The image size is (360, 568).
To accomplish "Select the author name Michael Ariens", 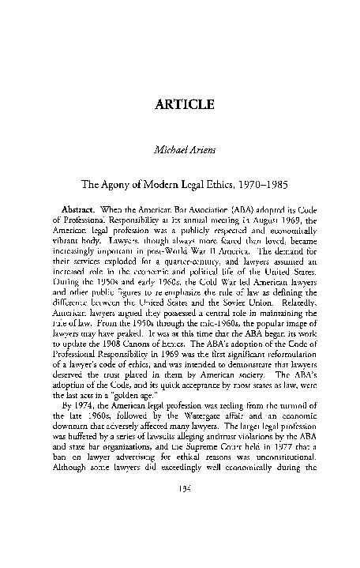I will (180, 161).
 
